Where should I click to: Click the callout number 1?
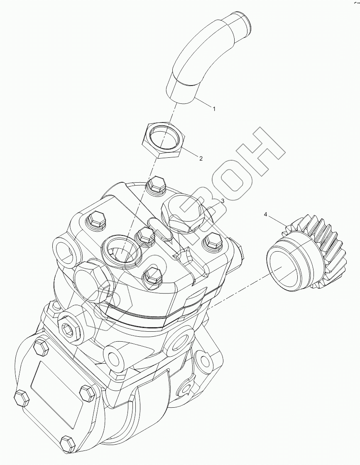pos(214,109)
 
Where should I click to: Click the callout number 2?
pos(201,159)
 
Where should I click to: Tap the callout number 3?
pos(223,201)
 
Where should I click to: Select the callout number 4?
pos(266,214)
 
